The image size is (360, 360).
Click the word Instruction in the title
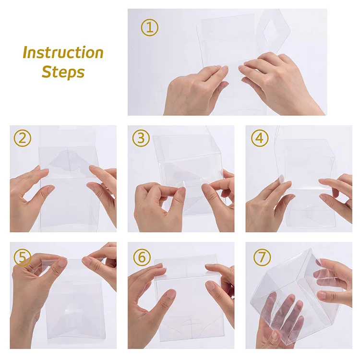click(63, 53)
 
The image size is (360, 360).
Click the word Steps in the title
click(63, 72)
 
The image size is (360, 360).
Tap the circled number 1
click(149, 27)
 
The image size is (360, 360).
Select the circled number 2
click(22, 138)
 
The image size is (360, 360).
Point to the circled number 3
click(141, 138)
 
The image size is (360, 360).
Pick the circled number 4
click(260, 138)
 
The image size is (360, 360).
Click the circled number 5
click(22, 257)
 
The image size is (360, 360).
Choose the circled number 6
click(142, 257)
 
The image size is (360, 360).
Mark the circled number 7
click(262, 257)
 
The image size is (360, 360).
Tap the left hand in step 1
click(195, 91)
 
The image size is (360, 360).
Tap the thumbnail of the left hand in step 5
click(61, 263)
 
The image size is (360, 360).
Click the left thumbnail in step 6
click(170, 294)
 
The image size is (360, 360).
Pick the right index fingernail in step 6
click(209, 286)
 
